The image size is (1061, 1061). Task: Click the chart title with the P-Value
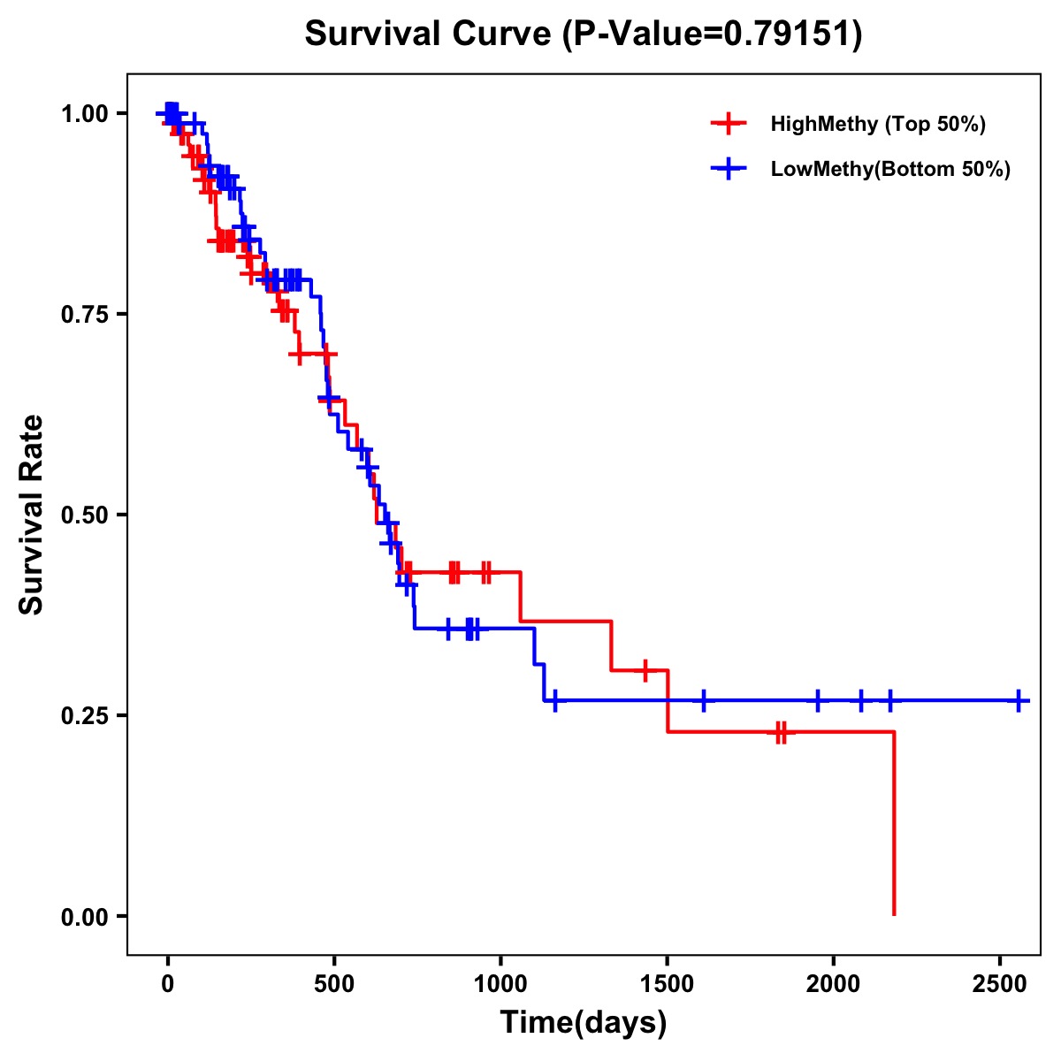point(583,34)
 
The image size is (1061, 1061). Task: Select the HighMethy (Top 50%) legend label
point(877,124)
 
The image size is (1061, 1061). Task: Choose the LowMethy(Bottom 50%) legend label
point(890,170)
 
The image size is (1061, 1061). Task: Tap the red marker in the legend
point(728,124)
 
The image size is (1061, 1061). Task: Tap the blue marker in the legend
point(728,170)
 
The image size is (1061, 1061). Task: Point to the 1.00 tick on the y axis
point(84,114)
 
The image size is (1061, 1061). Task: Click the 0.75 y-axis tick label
point(84,315)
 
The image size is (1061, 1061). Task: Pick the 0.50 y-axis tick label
point(84,515)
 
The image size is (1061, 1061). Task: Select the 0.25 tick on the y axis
point(84,716)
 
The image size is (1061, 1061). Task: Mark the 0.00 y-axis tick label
point(84,917)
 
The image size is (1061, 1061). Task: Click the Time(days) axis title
point(584,1023)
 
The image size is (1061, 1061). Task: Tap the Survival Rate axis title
point(32,515)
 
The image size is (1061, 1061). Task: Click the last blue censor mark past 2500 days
point(1019,700)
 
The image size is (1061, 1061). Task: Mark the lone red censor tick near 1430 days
point(645,670)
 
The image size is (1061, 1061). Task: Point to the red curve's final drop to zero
point(894,822)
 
